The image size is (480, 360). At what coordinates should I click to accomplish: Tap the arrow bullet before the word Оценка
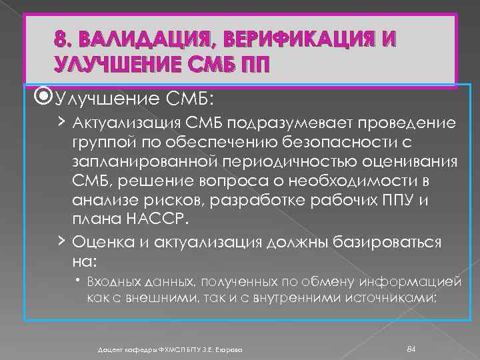(61, 240)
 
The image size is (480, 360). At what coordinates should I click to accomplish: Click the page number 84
(411, 349)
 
